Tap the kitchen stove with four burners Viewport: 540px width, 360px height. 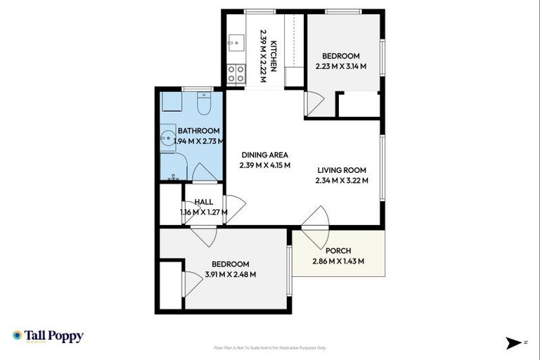tap(235, 74)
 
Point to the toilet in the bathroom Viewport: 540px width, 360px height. tap(203, 105)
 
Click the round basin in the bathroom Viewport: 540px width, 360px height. tap(167, 139)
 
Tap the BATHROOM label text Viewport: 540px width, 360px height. tap(198, 131)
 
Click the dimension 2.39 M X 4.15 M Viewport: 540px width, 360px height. tap(264, 167)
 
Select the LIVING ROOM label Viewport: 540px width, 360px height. tap(342, 169)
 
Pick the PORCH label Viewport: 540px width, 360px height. tap(338, 251)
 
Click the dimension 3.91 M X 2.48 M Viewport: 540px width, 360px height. tap(230, 275)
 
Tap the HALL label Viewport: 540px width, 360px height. tap(203, 202)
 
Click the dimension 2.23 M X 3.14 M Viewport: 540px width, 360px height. tap(340, 67)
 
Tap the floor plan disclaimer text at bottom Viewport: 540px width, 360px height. tap(270, 347)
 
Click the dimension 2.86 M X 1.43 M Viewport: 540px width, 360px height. tap(338, 262)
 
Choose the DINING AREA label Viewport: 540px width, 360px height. tap(264, 155)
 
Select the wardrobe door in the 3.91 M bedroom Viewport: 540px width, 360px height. tap(187, 285)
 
